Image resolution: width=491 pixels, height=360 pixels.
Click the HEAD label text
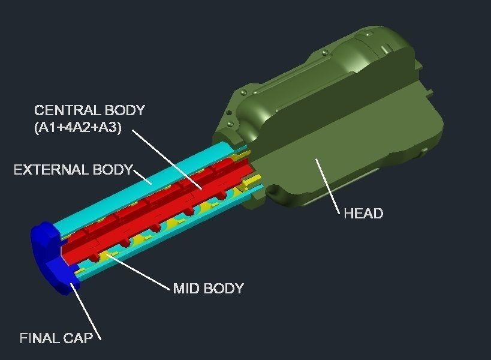[363, 214]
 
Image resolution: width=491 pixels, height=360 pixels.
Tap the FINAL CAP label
[56, 338]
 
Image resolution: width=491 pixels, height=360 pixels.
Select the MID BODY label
[208, 288]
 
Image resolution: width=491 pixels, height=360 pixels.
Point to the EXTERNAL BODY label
[73, 170]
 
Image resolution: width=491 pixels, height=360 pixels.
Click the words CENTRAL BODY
[89, 110]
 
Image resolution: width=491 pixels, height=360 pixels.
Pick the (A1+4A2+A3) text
[78, 128]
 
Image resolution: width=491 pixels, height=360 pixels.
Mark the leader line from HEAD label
[327, 186]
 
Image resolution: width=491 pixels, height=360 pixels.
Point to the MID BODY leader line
[138, 272]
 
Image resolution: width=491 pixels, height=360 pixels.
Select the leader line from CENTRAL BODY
[167, 160]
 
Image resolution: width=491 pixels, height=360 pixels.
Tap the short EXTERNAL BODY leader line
[143, 178]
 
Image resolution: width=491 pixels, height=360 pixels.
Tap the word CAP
[79, 338]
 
